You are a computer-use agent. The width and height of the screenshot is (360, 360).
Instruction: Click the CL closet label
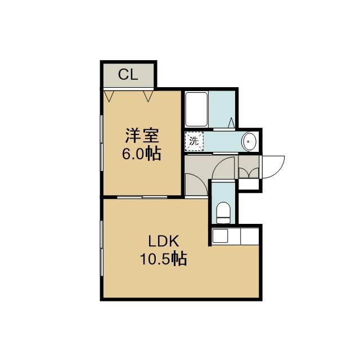pyautogui.click(x=128, y=74)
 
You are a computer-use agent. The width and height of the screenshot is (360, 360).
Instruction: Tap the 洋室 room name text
pyautogui.click(x=142, y=136)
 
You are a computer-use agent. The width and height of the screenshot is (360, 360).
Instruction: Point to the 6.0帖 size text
pyautogui.click(x=141, y=153)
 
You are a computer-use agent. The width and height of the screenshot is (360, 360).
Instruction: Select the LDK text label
pyautogui.click(x=164, y=241)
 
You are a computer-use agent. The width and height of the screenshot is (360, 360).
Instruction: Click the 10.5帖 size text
pyautogui.click(x=164, y=259)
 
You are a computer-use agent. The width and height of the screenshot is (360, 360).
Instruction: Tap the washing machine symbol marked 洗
pyautogui.click(x=194, y=141)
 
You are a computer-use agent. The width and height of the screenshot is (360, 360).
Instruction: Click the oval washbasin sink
pyautogui.click(x=249, y=141)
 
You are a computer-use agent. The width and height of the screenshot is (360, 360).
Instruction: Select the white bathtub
pyautogui.click(x=196, y=109)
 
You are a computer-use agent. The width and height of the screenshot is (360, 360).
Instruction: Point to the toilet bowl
pyautogui.click(x=223, y=213)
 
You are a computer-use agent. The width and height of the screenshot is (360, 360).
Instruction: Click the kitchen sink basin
pyautogui.click(x=220, y=236)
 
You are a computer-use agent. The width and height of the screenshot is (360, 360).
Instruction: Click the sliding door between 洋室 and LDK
pyautogui.click(x=142, y=197)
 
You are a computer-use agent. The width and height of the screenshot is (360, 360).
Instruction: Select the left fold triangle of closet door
pyautogui.click(x=109, y=96)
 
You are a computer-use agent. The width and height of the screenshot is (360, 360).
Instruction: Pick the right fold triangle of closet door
pyautogui.click(x=148, y=96)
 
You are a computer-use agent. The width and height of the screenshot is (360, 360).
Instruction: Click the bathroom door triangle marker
pyautogui.click(x=231, y=123)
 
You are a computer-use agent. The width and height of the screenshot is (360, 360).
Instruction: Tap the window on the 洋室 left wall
pyautogui.click(x=101, y=143)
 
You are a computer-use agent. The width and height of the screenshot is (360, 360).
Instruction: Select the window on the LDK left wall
pyautogui.click(x=101, y=248)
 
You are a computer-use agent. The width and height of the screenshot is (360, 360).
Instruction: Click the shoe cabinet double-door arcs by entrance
pyautogui.click(x=249, y=173)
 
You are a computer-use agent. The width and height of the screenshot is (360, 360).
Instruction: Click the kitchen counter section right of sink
pyautogui.click(x=250, y=236)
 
